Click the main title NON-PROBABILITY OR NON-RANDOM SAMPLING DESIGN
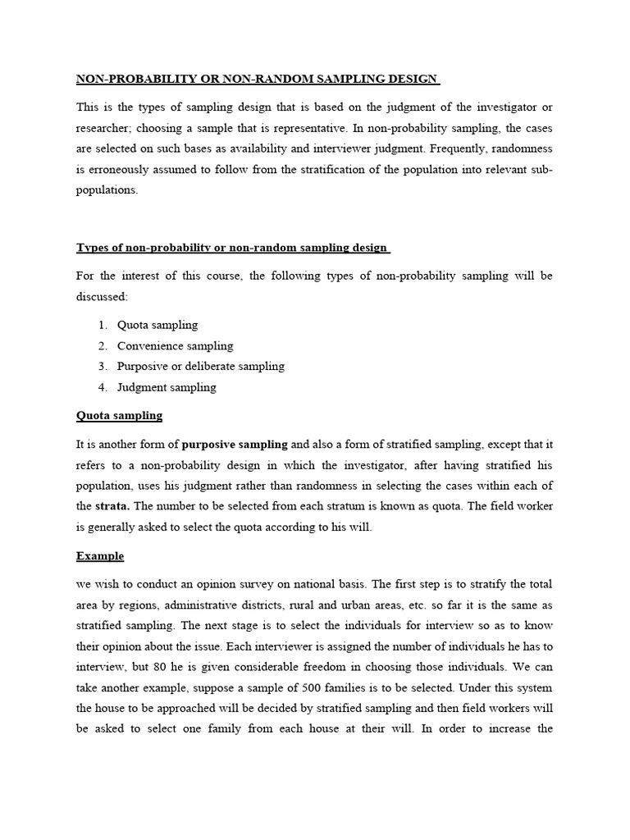[x=258, y=79]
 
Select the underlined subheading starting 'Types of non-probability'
[x=233, y=248]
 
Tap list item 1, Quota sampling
[x=157, y=325]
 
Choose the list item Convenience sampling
[x=175, y=345]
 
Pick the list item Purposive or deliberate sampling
[x=200, y=366]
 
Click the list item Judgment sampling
[x=167, y=386]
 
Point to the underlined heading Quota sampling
[x=119, y=416]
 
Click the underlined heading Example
[x=100, y=556]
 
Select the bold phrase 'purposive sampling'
[x=235, y=445]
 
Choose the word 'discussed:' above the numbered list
[x=102, y=296]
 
